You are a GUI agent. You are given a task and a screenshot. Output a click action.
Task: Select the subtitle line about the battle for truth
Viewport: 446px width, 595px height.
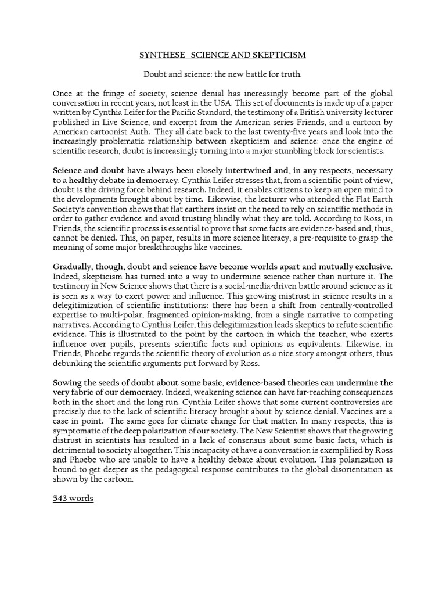point(222,75)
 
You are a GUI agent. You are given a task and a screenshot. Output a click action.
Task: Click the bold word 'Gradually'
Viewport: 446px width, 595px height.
point(73,266)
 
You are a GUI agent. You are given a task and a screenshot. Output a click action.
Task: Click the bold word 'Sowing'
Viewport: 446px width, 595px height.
point(67,383)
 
